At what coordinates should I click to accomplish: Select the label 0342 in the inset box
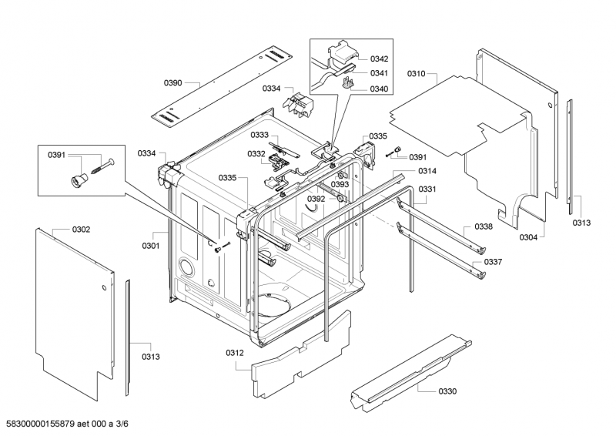379,59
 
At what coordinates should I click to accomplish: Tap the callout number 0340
379,89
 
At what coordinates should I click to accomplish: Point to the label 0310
416,74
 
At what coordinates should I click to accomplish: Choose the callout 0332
256,154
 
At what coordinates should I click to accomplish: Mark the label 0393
340,185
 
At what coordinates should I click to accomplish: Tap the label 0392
316,199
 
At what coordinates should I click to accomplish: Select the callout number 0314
427,171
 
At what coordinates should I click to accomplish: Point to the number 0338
483,226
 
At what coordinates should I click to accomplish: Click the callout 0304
528,236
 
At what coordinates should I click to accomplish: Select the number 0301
150,247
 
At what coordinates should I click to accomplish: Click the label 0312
235,353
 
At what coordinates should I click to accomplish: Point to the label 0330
447,391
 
